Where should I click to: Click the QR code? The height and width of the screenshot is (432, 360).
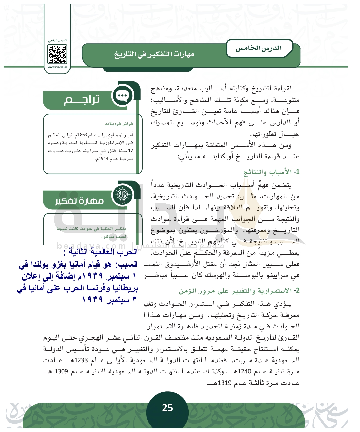tap(57, 54)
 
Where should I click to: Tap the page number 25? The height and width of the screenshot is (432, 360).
tap(167, 408)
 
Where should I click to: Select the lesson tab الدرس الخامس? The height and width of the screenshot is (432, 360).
tap(259, 48)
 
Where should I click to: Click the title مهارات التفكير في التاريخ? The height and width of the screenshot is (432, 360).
tap(154, 54)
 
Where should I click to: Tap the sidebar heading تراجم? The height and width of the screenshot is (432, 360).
tap(82, 100)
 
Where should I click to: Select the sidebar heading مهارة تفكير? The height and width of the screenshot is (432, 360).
tap(80, 201)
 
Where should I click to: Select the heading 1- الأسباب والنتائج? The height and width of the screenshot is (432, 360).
tap(272, 172)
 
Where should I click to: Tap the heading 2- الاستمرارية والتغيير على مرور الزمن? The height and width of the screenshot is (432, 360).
tap(239, 291)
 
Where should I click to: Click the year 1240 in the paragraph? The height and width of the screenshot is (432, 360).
tap(244, 371)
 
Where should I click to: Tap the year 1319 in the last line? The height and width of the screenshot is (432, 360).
tap(224, 383)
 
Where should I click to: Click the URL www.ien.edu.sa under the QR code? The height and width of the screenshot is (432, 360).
tap(58, 67)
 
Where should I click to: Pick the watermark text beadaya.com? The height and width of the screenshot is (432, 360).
tap(92, 246)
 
